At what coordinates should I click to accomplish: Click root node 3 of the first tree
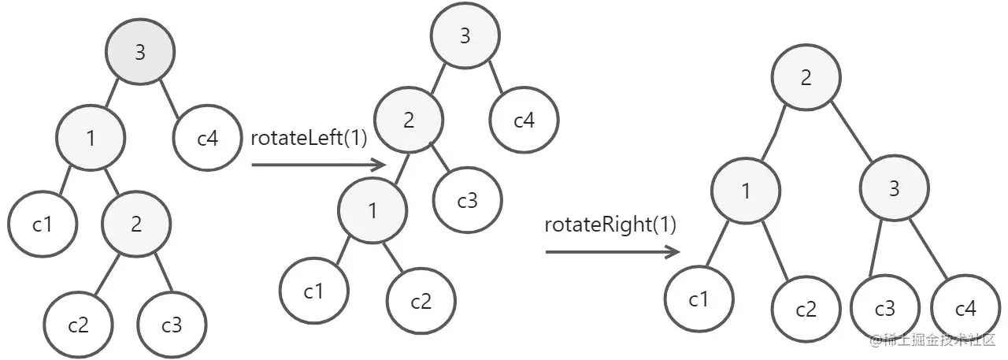coord(140,53)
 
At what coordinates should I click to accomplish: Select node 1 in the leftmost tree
coord(91,139)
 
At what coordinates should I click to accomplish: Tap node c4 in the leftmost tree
coord(207,139)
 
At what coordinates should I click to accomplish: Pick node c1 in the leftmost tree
coord(43,225)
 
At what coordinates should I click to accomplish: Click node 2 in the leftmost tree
coord(136,225)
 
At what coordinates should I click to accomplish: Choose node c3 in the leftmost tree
coord(172,325)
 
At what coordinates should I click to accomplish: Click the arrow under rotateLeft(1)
coord(318,165)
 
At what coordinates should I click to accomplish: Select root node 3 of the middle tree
coord(465,35)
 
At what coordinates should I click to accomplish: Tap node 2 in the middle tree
coord(409,121)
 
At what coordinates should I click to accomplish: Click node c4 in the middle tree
coord(524,121)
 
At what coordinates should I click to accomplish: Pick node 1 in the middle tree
coord(372,210)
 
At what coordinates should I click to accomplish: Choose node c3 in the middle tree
coord(467,201)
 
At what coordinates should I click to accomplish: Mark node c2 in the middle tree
coord(421,301)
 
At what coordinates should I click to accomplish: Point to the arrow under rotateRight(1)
coord(613,252)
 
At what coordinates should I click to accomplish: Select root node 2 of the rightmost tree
coord(806,78)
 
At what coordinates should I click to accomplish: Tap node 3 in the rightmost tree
coord(894,189)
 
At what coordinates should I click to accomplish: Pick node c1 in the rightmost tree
coord(699,300)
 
